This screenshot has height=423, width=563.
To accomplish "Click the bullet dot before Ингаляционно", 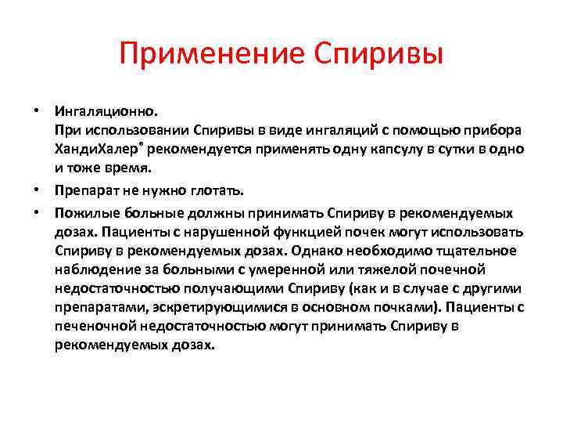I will click(37, 110).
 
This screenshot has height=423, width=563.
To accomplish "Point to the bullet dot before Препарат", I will click(37, 190).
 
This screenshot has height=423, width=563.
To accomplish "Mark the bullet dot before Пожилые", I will click(37, 211).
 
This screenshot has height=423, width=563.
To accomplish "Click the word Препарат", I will click(85, 191).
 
